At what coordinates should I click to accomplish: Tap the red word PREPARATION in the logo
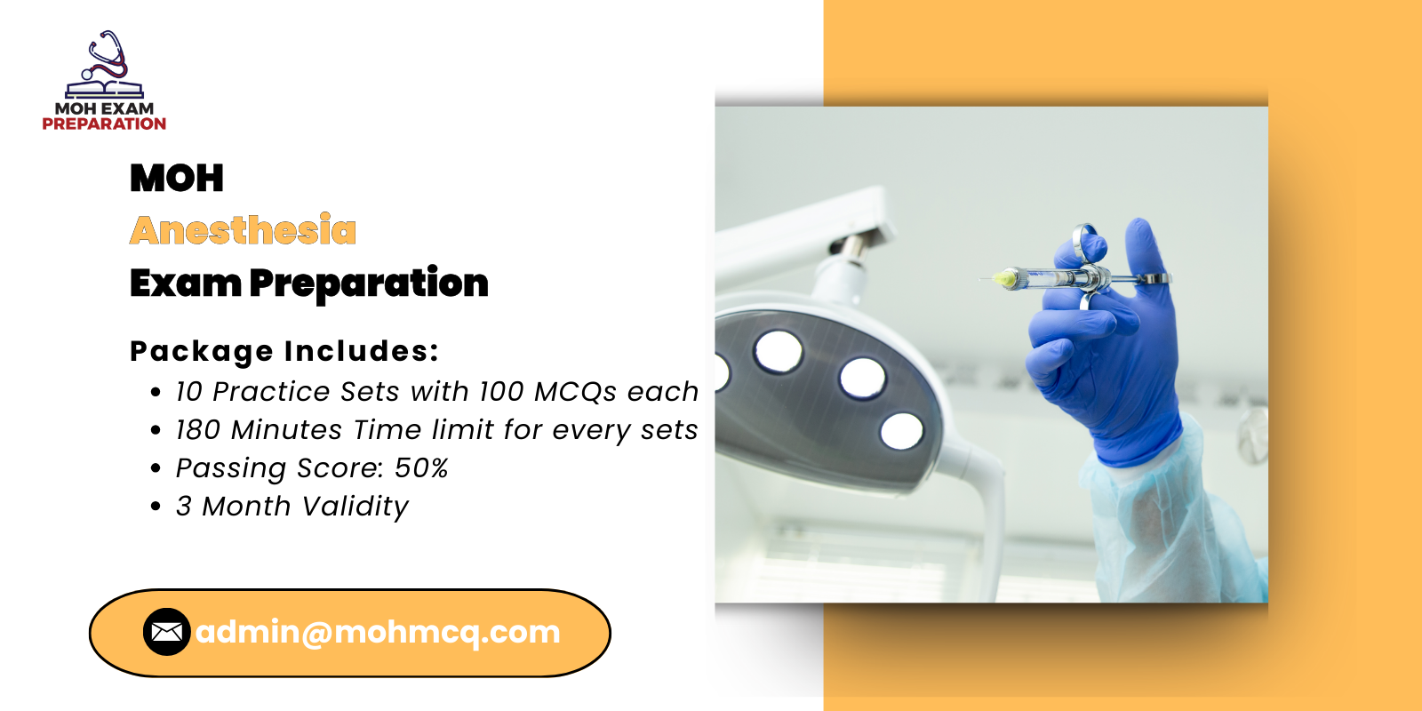pos(104,124)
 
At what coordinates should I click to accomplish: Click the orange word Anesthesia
pos(243,230)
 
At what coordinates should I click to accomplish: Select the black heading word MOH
pos(177,178)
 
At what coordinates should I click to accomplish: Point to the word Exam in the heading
pos(186,283)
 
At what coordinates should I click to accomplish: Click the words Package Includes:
pos(284,351)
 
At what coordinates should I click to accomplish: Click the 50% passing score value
pos(421,467)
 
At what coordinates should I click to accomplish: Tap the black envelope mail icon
pos(167,632)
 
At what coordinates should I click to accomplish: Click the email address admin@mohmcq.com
pos(378,632)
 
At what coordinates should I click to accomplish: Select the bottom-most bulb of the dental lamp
pos(901,431)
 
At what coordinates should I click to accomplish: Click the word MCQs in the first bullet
pos(575,392)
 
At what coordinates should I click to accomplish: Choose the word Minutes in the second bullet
pos(286,430)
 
